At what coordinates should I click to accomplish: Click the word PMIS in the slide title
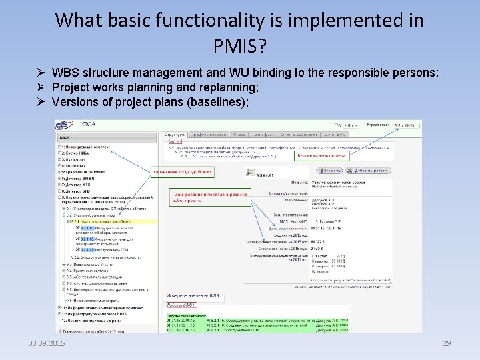[x=239, y=46]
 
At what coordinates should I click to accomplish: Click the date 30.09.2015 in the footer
[x=47, y=343]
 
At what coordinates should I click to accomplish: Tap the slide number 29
[x=447, y=343]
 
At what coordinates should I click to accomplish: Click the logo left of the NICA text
[x=64, y=125]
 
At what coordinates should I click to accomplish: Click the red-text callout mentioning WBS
[x=183, y=172]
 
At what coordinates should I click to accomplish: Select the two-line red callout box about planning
[x=209, y=198]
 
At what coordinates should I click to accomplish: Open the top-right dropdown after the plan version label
[x=407, y=125]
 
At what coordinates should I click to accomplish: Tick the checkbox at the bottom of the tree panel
[x=58, y=330]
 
